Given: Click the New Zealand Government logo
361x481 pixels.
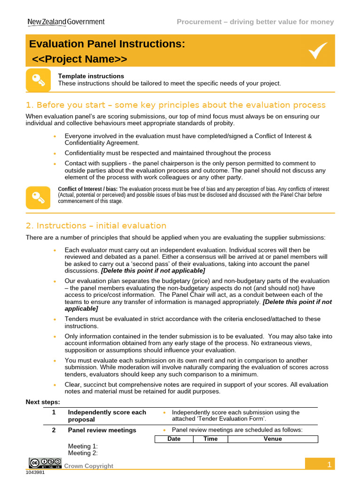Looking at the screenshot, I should coord(66,22).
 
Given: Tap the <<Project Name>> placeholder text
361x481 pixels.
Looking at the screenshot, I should coord(79,59).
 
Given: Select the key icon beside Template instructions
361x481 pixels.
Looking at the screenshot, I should coord(38,80).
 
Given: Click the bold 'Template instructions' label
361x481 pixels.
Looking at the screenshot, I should coord(91,76).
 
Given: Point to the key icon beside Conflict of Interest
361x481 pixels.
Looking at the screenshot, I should coord(38,197).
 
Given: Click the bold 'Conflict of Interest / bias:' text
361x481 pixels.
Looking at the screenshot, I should coord(87,189).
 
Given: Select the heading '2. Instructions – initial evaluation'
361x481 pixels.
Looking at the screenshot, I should coord(96,225).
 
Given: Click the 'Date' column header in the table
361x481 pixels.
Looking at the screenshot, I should coord(174,439).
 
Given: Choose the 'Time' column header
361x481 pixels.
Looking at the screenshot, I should coord(210,439).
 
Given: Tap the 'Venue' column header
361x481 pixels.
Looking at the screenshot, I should coord(273,439).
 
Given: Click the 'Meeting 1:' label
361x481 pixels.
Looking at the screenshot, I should coord(83,446).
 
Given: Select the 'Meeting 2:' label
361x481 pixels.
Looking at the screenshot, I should coord(83,453).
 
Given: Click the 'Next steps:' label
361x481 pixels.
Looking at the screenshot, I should coord(42,402).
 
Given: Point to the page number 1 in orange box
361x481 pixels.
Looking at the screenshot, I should coord(330,465).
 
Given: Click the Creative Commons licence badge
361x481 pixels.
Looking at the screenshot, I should coord(45,463).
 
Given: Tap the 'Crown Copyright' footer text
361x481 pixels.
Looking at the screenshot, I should coord(88,466).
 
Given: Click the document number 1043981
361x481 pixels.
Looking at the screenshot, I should coord(36,473).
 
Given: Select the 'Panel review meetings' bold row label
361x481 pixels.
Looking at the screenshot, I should coord(102,430).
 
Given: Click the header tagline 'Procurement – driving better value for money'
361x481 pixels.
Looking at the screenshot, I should coord(255,22).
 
